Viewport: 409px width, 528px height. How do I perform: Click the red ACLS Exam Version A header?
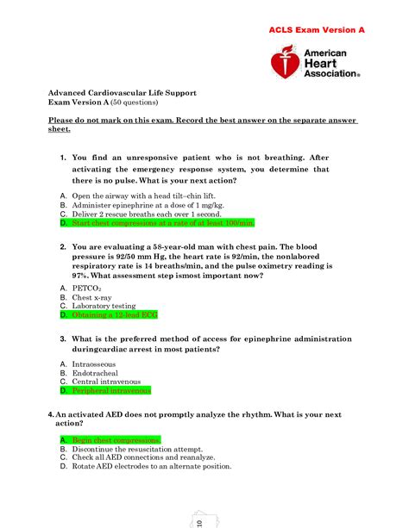click(x=316, y=29)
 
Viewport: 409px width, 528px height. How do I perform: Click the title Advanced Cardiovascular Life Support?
click(x=122, y=92)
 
